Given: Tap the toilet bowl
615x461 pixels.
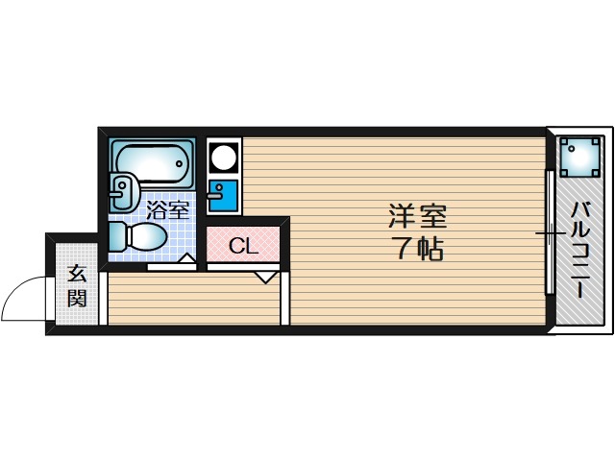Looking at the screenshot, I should point(146,236).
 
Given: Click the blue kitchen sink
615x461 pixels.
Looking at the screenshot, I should point(225,195).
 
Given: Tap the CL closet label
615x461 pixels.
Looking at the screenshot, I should point(243,246).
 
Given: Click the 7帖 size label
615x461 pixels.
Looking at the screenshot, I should point(417,250).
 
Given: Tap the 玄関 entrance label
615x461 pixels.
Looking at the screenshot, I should point(77,286).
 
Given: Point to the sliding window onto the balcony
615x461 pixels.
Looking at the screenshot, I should point(550,231).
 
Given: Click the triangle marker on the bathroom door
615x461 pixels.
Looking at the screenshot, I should point(188,256).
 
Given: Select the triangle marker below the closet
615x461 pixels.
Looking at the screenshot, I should point(265,278).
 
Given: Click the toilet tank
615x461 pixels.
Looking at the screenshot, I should point(116,237).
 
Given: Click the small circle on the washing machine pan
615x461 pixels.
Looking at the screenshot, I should point(567,145).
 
